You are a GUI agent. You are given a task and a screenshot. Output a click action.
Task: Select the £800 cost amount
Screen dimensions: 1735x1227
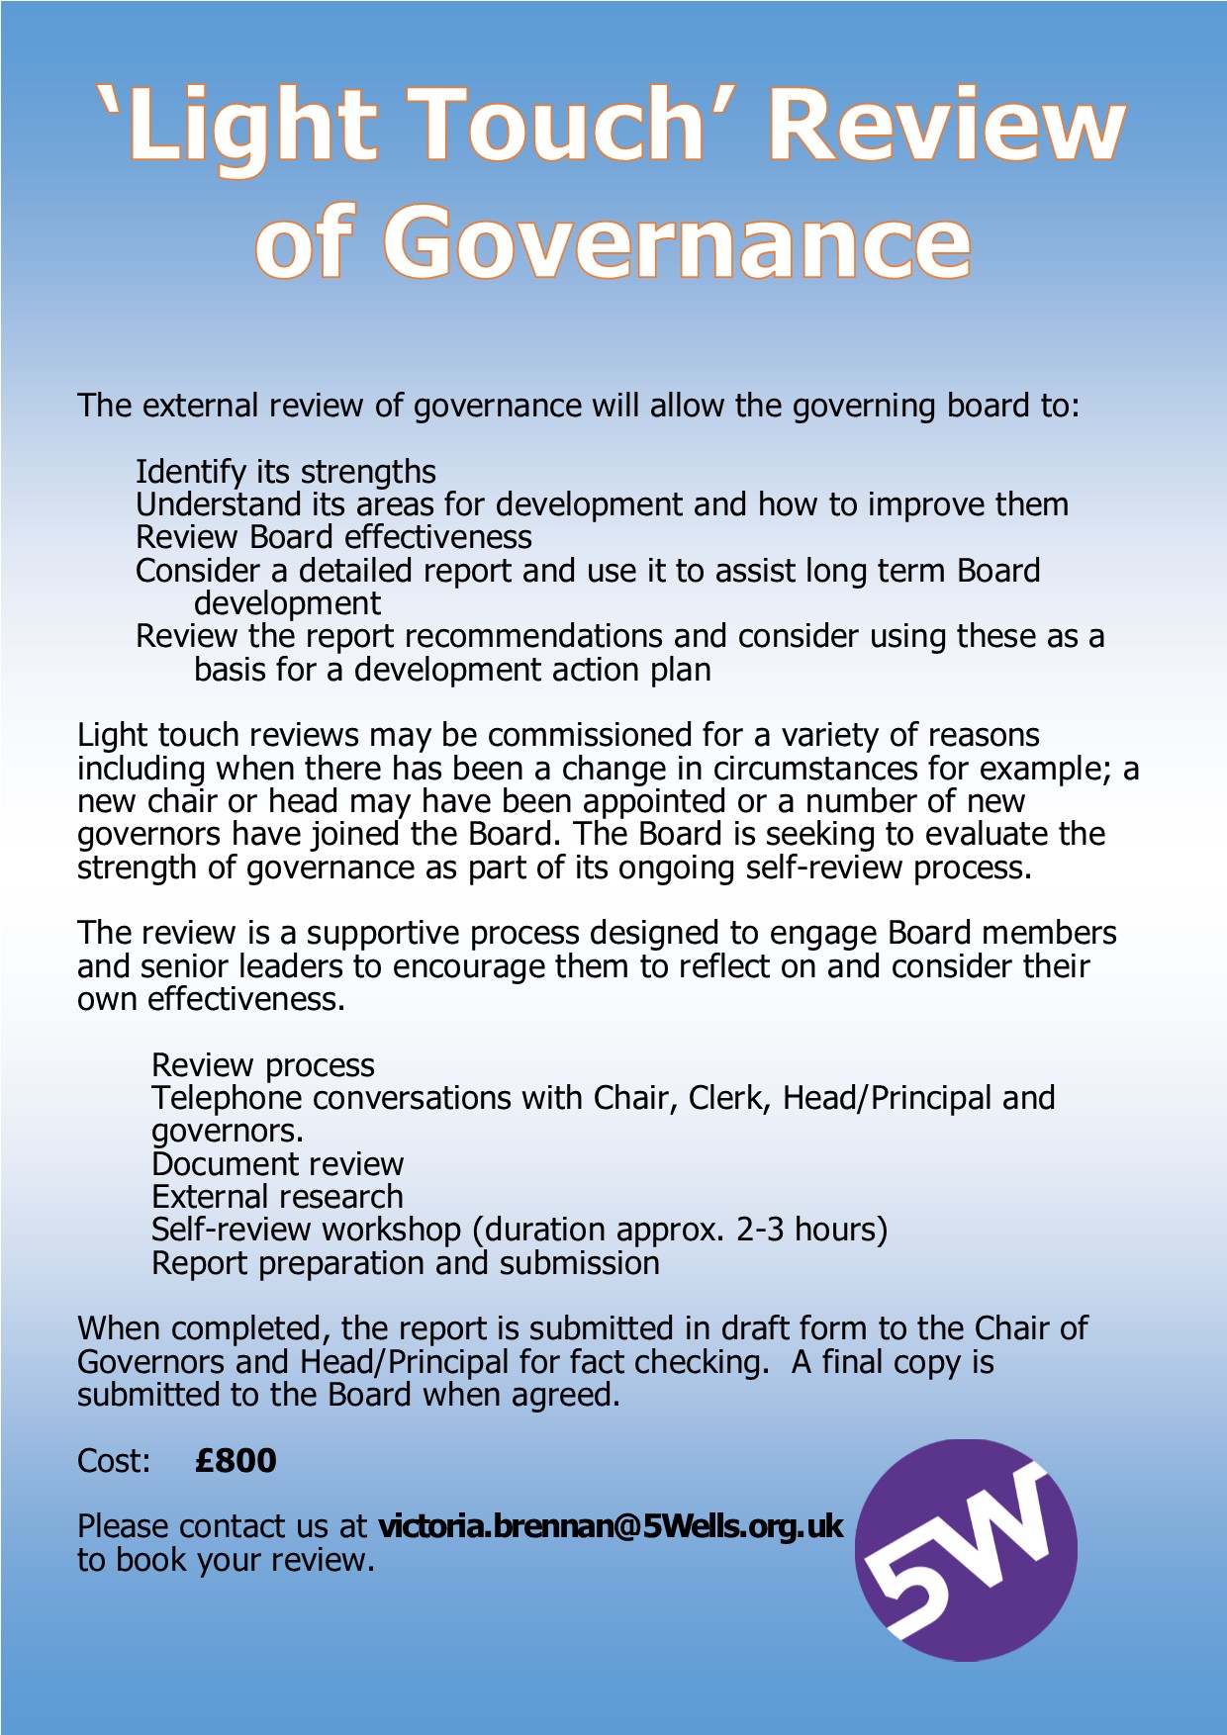pos(236,1460)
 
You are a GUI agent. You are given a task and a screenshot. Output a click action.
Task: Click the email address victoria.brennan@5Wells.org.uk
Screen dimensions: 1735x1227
pos(611,1525)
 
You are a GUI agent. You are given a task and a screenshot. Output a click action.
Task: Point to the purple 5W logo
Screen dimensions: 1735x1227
pos(966,1549)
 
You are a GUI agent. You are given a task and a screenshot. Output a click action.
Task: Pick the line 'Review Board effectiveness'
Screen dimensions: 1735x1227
pos(333,537)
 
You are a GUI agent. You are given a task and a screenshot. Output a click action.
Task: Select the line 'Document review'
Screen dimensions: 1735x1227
pos(277,1163)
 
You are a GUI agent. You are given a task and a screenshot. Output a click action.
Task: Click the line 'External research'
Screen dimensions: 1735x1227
pos(277,1196)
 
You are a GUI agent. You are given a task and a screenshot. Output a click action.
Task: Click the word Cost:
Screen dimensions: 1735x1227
pos(114,1460)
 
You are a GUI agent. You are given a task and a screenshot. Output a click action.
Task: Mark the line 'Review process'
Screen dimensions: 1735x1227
pos(263,1064)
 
